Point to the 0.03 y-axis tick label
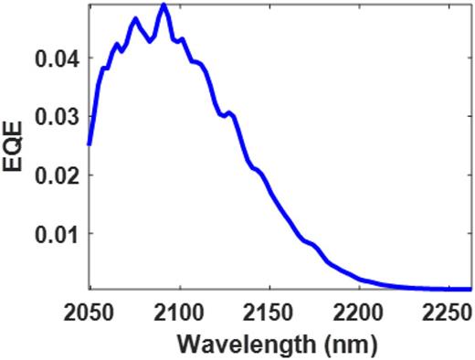tap(58, 116)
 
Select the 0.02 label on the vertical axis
tap(58, 175)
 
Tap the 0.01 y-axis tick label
tap(58, 233)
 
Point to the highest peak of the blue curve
tap(164, 5)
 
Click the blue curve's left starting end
tap(90, 143)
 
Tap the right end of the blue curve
tap(471, 289)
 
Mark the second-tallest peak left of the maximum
tap(135, 18)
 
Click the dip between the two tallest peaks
tap(151, 41)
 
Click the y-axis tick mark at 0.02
tap(90, 175)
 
